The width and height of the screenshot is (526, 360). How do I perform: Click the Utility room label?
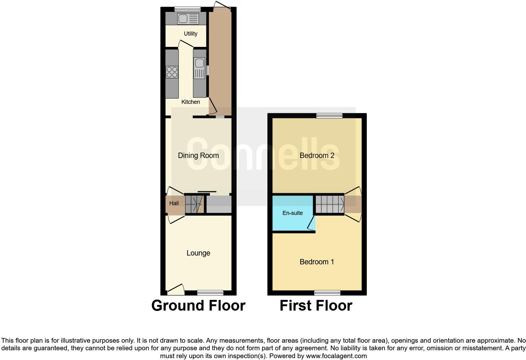tap(190, 34)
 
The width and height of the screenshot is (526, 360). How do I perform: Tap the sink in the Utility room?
tap(188, 19)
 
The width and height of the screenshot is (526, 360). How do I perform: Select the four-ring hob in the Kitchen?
tap(172, 72)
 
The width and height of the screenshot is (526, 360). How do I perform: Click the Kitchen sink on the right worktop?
tap(199, 68)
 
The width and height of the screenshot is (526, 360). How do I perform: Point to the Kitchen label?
tap(190, 102)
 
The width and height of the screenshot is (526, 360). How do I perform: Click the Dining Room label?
tap(198, 155)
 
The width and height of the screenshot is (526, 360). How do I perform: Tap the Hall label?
tap(174, 203)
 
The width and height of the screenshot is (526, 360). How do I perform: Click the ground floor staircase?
tap(194, 204)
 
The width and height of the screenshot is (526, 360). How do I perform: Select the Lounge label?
tap(198, 253)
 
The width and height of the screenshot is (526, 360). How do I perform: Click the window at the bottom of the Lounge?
tap(210, 293)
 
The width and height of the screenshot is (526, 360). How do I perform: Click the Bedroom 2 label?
tap(317, 155)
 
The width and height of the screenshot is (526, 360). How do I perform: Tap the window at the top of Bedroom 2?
tap(329, 115)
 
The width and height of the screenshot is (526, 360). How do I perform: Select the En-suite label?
tap(293, 213)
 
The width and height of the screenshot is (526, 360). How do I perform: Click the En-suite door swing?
tap(311, 224)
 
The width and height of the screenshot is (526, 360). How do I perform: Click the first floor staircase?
tap(330, 204)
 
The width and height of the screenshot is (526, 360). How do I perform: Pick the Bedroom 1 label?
tap(317, 262)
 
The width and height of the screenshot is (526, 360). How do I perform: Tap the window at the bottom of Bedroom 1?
tap(327, 293)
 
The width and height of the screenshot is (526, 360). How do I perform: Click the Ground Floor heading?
tap(198, 306)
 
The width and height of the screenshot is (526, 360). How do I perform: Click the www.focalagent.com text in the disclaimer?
tap(336, 356)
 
